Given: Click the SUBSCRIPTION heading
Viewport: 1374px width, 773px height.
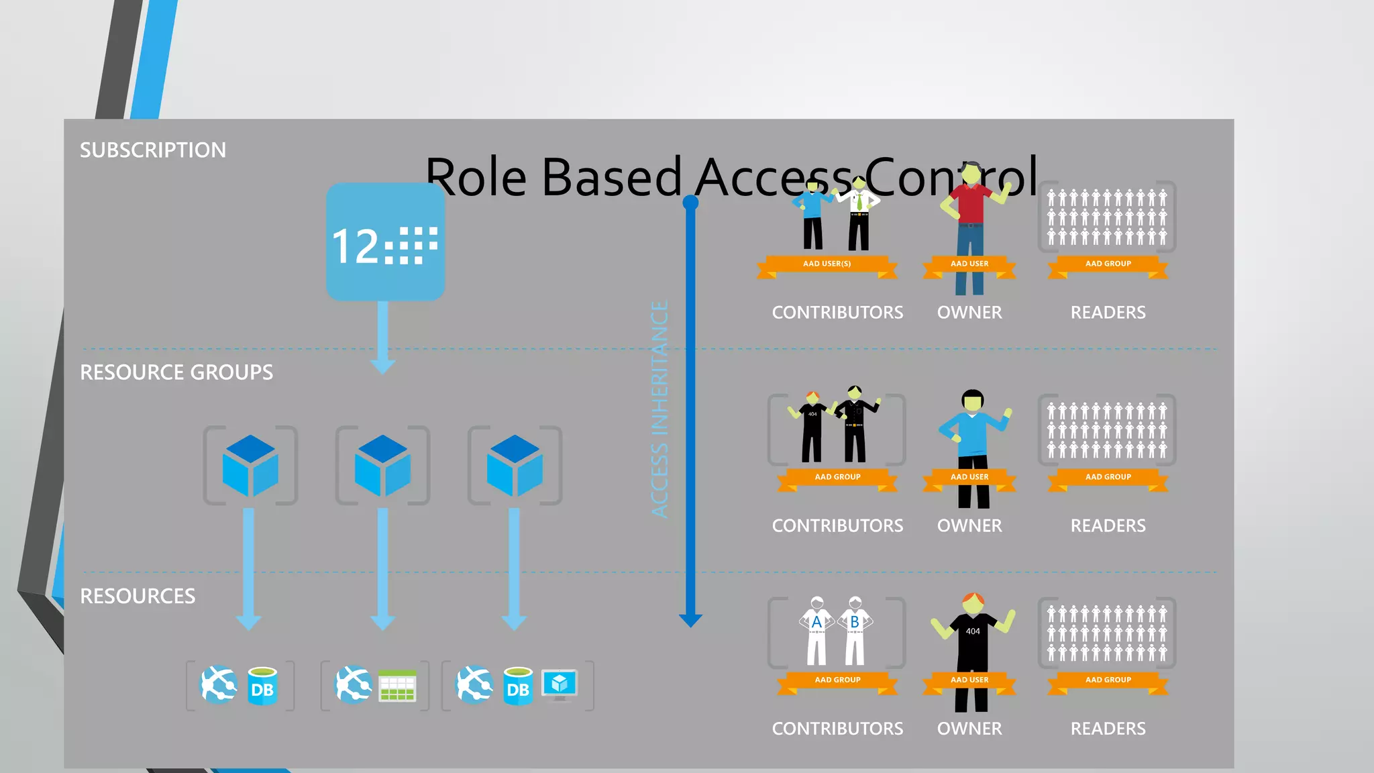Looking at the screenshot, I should coord(153,150).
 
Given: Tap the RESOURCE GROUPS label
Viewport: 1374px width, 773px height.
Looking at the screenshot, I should coord(176,372).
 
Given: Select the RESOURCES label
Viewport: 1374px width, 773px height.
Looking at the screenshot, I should coord(138,596).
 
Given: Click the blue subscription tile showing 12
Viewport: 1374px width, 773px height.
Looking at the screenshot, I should coord(385,242).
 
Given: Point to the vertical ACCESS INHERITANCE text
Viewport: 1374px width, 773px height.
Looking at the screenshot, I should coord(660,409).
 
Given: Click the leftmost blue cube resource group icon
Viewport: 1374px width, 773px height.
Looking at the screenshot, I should coord(250,466).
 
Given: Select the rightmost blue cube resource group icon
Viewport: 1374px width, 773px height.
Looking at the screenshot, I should coord(515,466).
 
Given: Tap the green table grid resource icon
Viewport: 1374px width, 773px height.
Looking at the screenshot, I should coord(397,686).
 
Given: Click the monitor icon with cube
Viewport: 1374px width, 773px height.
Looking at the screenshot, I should coord(560,684).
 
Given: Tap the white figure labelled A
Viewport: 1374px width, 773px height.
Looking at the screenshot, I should coord(816,631).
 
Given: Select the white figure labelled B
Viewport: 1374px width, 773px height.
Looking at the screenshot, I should coord(855,631).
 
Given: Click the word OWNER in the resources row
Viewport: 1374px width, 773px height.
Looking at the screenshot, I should coord(969,729).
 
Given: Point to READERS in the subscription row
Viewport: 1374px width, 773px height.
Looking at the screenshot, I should coord(1108,313).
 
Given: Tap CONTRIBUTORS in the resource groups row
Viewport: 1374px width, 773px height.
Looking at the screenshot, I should coord(837,526).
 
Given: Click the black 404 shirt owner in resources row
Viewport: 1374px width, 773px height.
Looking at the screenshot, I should coord(972,637).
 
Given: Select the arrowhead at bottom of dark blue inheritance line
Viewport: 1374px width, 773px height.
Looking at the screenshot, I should coord(690,620).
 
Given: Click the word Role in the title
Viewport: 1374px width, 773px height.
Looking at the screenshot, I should coord(476,178).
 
